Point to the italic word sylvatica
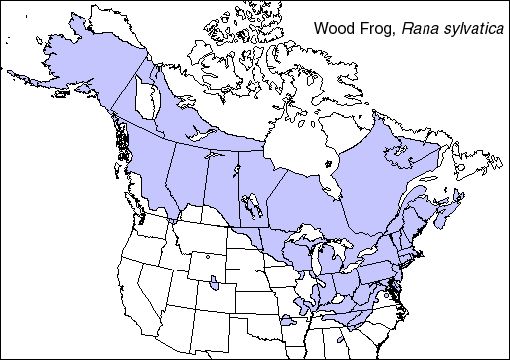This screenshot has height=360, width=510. pos(469,28)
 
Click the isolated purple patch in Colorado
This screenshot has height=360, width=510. pos(216,287)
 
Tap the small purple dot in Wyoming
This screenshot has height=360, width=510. pos(207,257)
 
